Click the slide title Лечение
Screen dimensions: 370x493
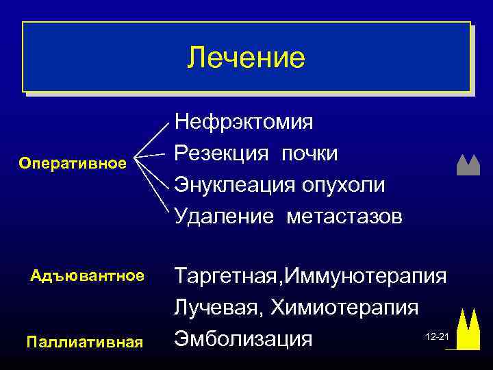coord(246,58)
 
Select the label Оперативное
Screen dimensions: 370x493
coord(73,163)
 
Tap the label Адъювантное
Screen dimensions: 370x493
coord(88,276)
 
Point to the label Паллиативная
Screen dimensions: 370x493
coord(84,341)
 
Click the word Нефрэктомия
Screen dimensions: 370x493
coord(244,122)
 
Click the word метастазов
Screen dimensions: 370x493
coord(345,217)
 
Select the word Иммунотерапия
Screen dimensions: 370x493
coord(367,277)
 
